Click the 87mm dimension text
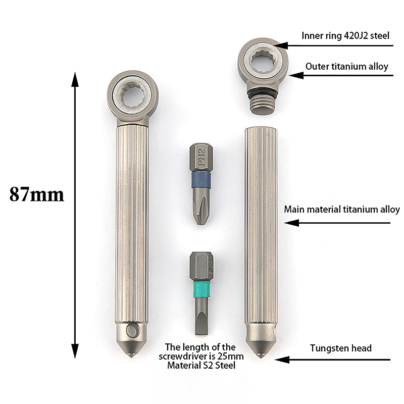click(x=36, y=194)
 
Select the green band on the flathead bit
click(x=201, y=288)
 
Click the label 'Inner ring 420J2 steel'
click(x=345, y=35)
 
